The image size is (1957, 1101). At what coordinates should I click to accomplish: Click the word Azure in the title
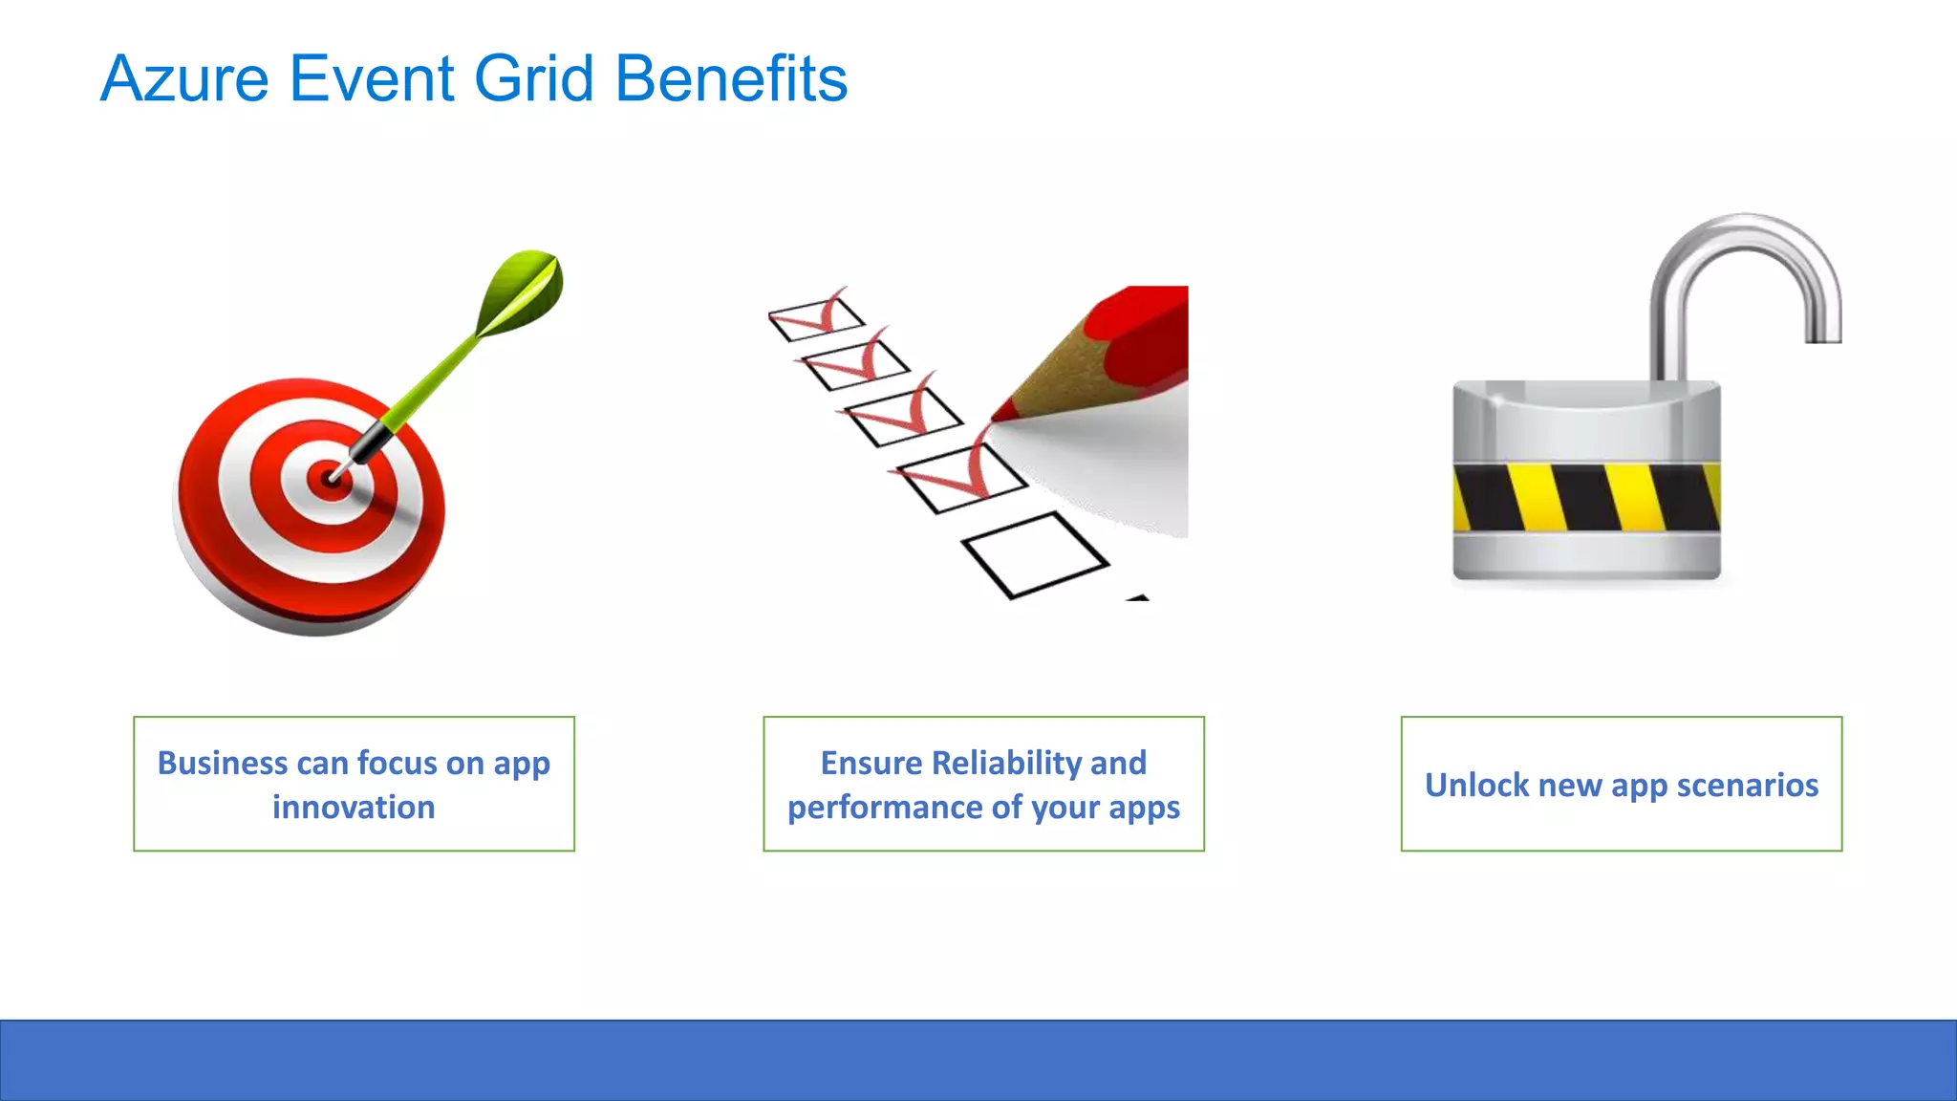[184, 78]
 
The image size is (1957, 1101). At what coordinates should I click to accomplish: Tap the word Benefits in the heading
[731, 78]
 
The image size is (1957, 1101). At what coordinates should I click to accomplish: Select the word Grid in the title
[534, 78]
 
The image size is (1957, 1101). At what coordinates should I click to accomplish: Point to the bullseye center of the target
[330, 478]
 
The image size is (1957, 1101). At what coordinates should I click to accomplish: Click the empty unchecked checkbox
[1035, 554]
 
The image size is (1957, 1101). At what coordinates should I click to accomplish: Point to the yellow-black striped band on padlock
[1586, 497]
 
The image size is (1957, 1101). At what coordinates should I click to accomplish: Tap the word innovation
[354, 808]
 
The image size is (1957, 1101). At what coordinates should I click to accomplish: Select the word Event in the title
[371, 78]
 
